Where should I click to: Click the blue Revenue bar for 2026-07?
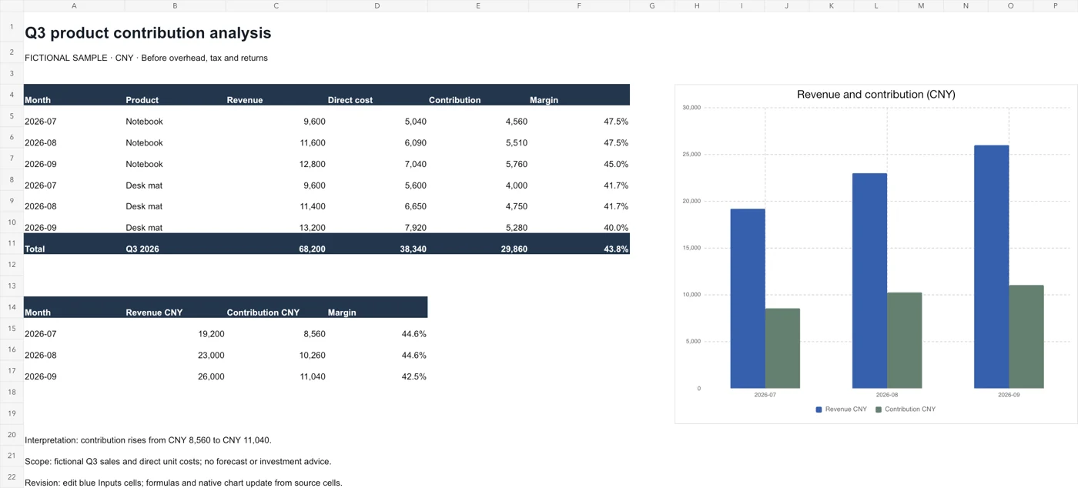tap(748, 299)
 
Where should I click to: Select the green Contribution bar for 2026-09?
tap(1026, 337)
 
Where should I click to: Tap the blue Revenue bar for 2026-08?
tap(869, 281)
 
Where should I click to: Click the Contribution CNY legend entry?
tap(906, 409)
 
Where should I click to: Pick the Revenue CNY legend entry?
tap(841, 409)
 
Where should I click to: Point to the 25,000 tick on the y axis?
tap(691, 155)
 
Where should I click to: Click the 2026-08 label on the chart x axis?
tap(887, 395)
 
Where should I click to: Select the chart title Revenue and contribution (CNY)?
tap(876, 95)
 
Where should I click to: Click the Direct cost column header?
tap(350, 100)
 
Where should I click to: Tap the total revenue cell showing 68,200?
tap(312, 249)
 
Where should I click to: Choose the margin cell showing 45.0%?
tap(616, 164)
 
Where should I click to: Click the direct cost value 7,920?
tap(415, 228)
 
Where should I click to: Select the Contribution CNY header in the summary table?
tap(263, 313)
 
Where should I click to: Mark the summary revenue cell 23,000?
tap(211, 355)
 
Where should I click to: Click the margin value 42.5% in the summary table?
tap(414, 376)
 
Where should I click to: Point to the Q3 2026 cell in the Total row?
tap(142, 249)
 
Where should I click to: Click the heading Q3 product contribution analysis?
tap(148, 33)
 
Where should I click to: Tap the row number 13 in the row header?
tap(12, 286)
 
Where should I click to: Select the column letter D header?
tap(377, 6)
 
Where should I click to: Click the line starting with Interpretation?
tap(148, 440)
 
